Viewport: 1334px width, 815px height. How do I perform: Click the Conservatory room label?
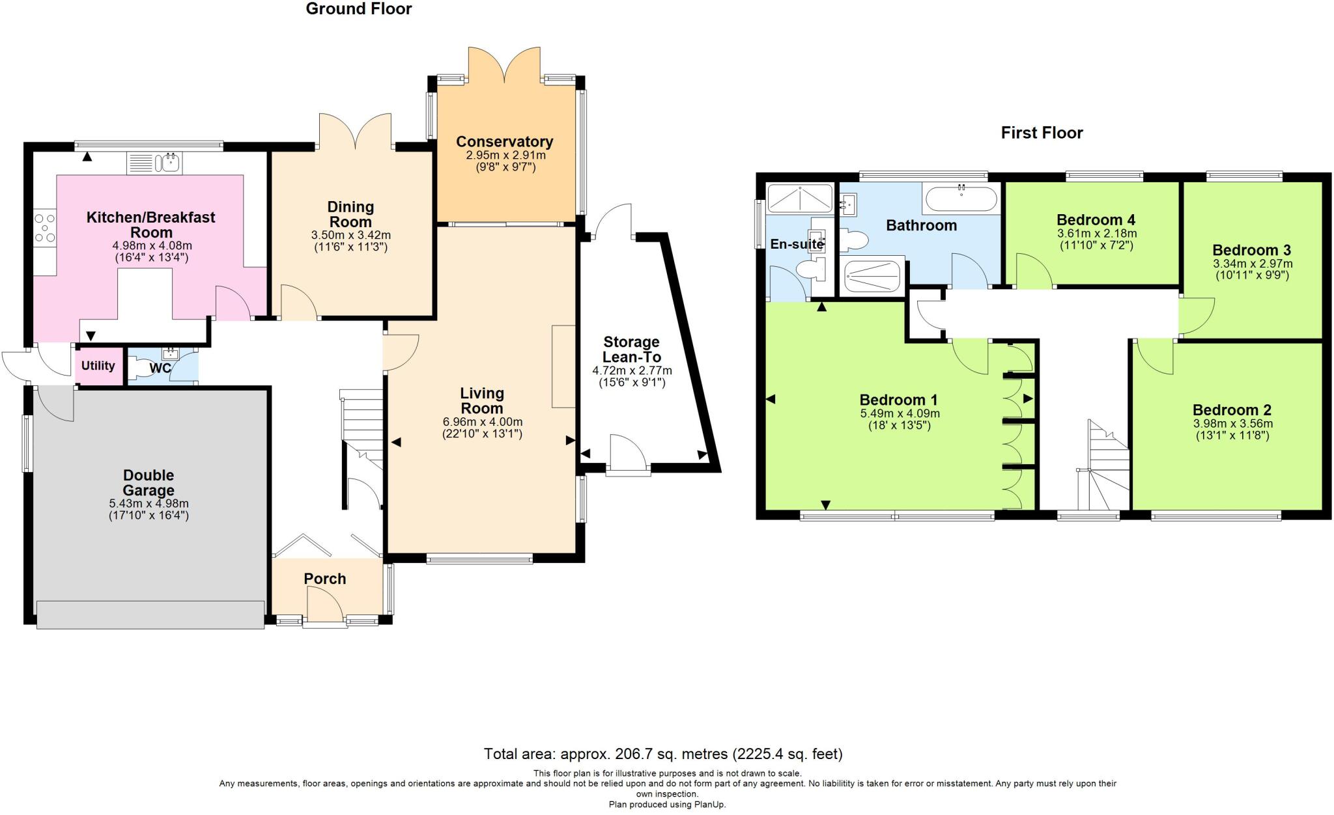click(x=504, y=141)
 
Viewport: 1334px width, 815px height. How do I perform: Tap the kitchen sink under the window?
click(x=171, y=162)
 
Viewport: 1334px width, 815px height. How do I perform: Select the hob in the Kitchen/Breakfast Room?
click(x=45, y=228)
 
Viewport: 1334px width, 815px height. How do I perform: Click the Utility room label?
click(x=98, y=366)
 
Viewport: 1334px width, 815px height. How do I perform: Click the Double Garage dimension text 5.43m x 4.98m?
click(x=149, y=504)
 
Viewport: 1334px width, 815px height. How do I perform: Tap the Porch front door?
click(x=324, y=605)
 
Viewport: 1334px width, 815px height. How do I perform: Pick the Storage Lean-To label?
click(x=631, y=350)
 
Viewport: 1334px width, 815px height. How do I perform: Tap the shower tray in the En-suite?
click(x=800, y=199)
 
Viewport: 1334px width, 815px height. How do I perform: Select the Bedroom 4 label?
click(x=1096, y=219)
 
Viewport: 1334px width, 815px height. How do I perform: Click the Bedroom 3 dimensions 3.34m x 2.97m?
click(x=1252, y=264)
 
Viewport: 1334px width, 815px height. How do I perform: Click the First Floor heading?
click(x=1042, y=133)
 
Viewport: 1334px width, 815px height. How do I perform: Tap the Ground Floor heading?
click(x=358, y=8)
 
